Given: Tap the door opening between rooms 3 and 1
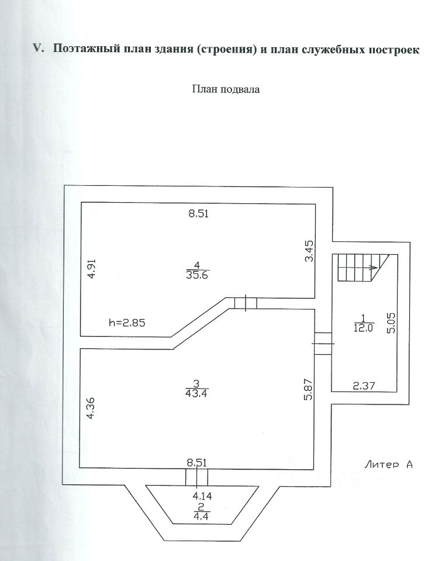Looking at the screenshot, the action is click(x=322, y=343).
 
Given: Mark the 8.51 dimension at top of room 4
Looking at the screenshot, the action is click(x=198, y=214).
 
